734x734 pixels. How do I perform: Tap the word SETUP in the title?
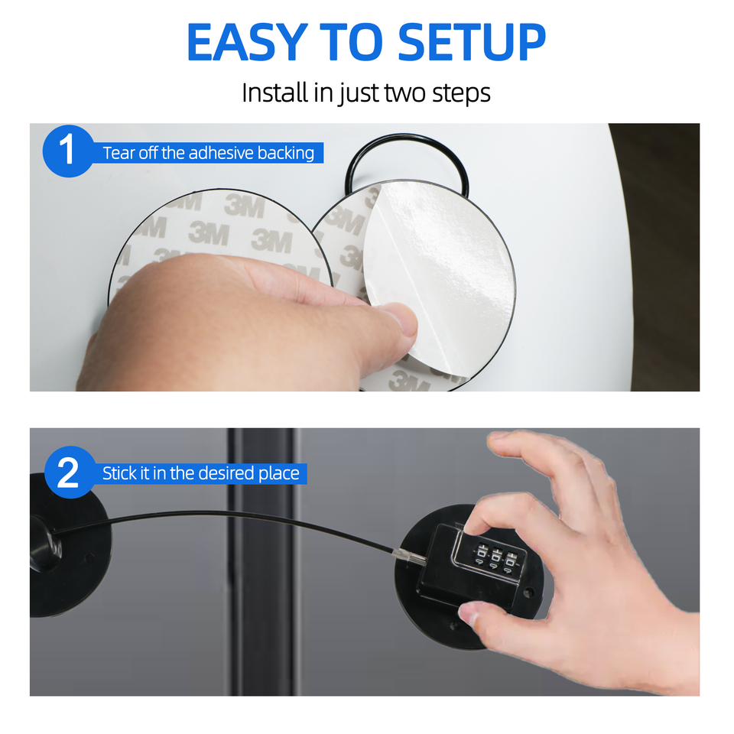[472, 42]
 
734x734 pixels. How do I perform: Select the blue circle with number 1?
[68, 151]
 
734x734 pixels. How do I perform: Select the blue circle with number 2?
[70, 473]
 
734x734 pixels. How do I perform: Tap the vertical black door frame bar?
[263, 562]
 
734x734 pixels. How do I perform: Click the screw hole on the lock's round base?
[529, 593]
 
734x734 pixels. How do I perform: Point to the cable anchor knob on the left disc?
[46, 545]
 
